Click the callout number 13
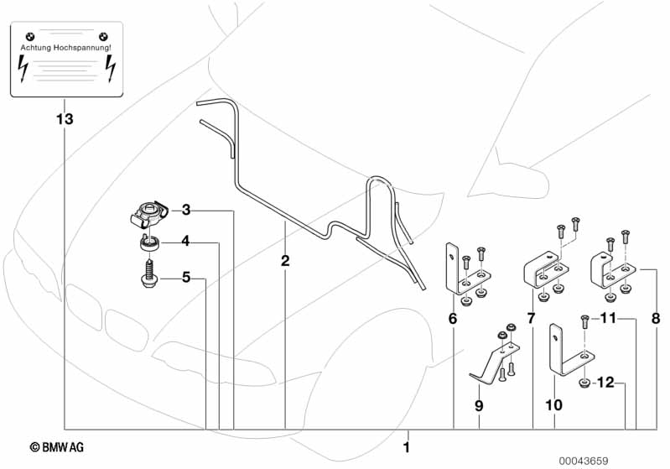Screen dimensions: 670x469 (x=65, y=119)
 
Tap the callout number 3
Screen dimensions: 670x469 (x=186, y=210)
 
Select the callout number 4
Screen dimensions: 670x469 (x=185, y=241)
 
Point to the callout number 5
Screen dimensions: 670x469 (x=186, y=277)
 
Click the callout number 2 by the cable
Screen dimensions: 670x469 (x=285, y=260)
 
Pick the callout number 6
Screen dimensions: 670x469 (x=453, y=319)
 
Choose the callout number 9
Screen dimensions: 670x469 (x=479, y=405)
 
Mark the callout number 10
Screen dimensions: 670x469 (x=553, y=405)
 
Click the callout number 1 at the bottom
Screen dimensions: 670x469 (x=407, y=448)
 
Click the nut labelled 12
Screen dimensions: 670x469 (x=584, y=383)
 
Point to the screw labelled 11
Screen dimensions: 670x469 (x=585, y=321)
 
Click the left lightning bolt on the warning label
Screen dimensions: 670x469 (x=22, y=69)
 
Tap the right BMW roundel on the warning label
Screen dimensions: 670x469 (x=103, y=37)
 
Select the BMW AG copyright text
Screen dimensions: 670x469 (x=57, y=447)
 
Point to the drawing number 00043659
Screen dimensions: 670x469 (x=584, y=461)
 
